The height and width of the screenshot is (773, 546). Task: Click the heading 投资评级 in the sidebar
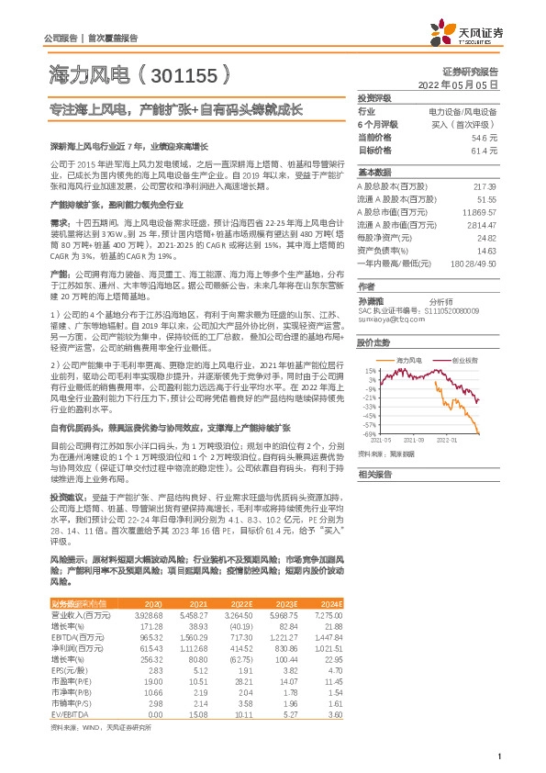[374, 97]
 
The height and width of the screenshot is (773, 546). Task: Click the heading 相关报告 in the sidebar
[374, 474]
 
